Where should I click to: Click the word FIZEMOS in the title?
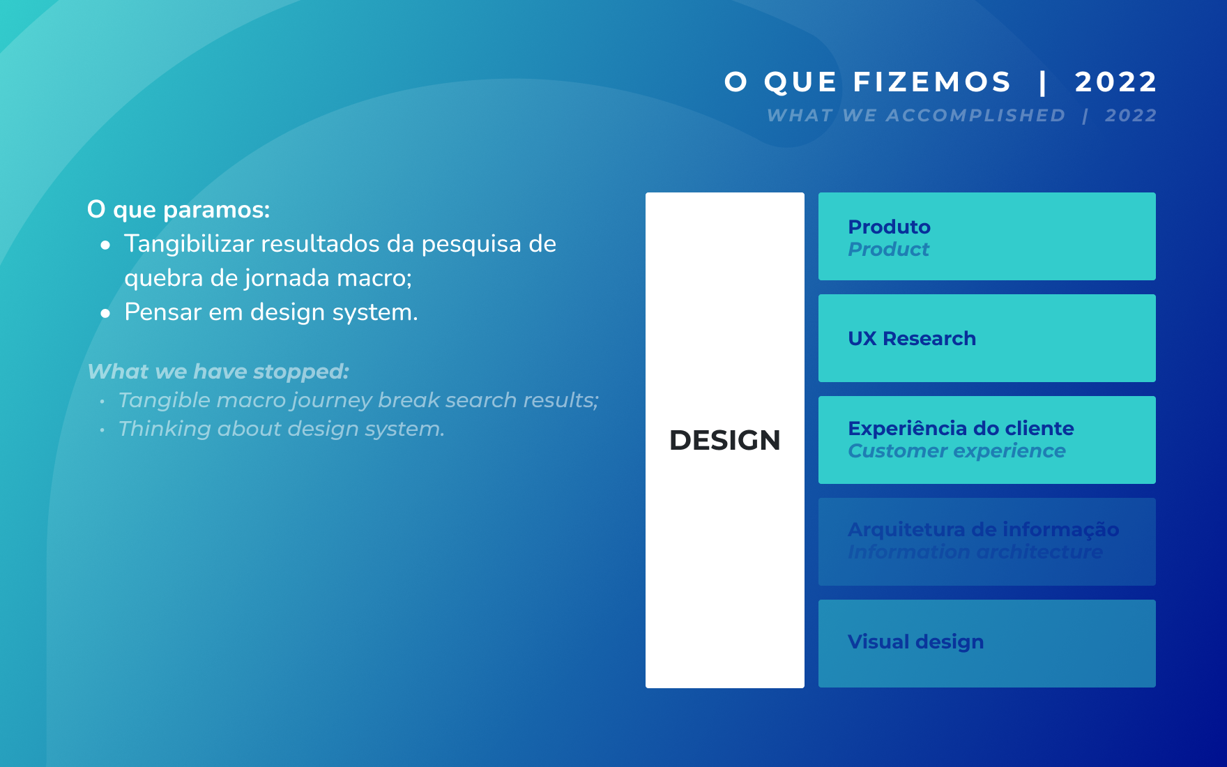[932, 82]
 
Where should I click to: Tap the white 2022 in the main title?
[1116, 82]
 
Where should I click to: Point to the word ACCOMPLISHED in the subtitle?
[975, 115]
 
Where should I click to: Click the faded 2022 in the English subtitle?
[1131, 115]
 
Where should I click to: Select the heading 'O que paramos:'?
[178, 210]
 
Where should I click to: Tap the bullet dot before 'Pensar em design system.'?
[105, 314]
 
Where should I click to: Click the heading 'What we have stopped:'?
[218, 372]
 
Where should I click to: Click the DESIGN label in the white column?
[725, 440]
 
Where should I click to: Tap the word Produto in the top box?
[889, 227]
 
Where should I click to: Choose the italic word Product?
[888, 249]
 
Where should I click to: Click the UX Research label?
[912, 338]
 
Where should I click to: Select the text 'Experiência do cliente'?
[961, 428]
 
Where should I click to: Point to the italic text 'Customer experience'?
[957, 451]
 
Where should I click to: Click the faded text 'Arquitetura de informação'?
[984, 529]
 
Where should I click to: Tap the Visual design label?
[916, 641]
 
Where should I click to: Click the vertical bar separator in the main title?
[1043, 82]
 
